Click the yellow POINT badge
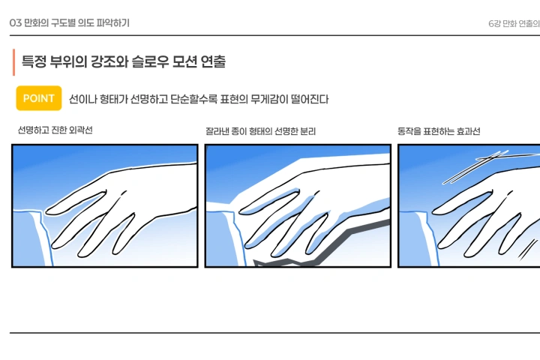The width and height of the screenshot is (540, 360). pos(38,98)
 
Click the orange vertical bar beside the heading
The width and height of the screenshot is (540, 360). pos(13,62)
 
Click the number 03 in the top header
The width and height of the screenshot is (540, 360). pos(15,23)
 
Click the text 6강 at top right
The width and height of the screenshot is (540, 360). pos(495,23)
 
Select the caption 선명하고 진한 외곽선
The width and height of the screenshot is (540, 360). pos(55,130)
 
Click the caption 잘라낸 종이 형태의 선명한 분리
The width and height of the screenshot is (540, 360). pos(260,131)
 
